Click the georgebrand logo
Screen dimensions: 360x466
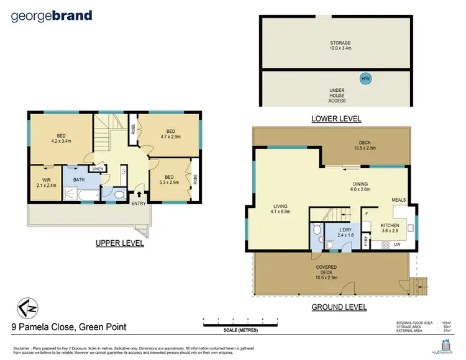(x=52, y=16)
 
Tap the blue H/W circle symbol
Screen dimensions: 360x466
(x=366, y=79)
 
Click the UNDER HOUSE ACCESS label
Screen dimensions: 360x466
(x=337, y=95)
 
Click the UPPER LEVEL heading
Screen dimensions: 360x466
(x=119, y=243)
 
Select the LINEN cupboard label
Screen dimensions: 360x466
(x=97, y=168)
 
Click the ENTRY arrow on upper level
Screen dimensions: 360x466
(x=138, y=195)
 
